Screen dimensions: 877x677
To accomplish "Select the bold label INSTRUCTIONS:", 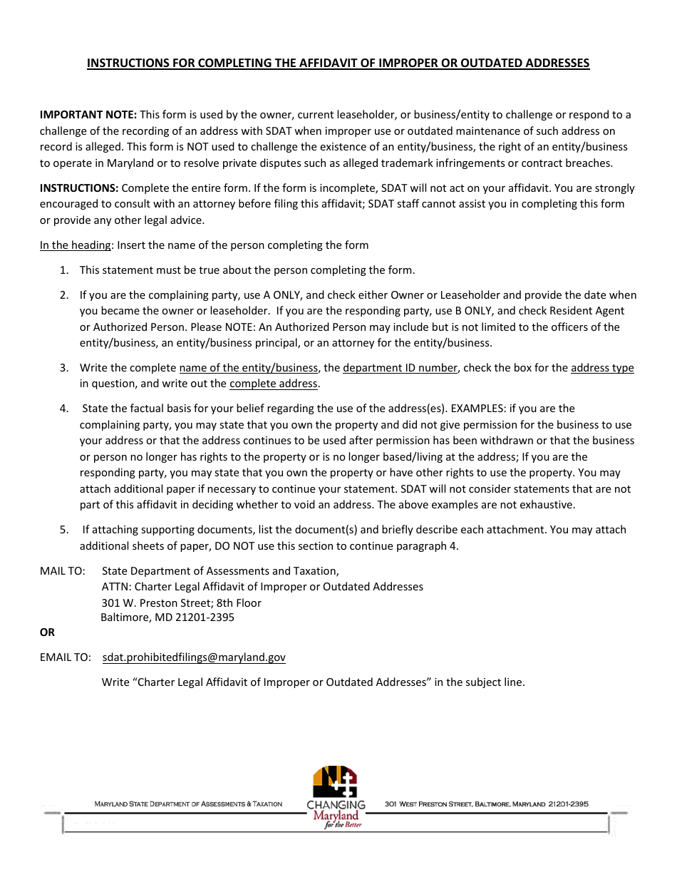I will [x=79, y=188].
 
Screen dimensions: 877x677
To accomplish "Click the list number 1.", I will [x=63, y=270].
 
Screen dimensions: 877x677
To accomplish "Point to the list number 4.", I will [x=63, y=409].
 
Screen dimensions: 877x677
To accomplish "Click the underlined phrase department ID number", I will [x=400, y=368].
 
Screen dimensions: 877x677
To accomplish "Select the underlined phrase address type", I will [x=602, y=368].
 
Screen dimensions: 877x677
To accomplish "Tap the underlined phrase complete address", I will [x=273, y=384].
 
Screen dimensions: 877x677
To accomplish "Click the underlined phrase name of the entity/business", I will [x=248, y=368].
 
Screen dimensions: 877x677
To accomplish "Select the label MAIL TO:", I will [x=63, y=571].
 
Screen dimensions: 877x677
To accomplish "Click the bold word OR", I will [x=47, y=632].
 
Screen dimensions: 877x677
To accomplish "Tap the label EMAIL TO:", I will [x=65, y=657].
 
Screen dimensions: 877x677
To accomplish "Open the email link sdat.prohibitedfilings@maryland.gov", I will [x=194, y=657].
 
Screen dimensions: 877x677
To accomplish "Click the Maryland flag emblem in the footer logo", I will [x=335, y=781].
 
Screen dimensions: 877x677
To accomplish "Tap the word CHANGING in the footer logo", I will [x=336, y=805].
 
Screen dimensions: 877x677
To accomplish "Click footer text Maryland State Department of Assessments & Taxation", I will [x=188, y=804].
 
